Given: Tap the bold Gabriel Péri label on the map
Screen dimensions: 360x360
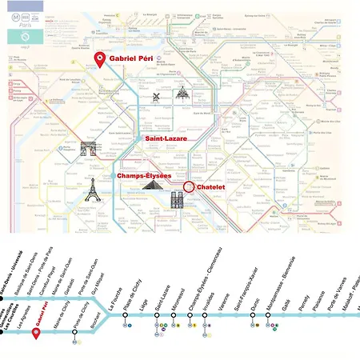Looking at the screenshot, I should [133, 59].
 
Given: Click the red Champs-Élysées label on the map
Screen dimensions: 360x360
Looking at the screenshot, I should [145, 175].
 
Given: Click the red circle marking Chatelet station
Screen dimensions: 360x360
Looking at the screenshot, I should [189, 186].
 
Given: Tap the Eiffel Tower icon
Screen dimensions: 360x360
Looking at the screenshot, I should [94, 189].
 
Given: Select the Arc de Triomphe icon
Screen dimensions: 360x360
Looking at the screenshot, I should [88, 149].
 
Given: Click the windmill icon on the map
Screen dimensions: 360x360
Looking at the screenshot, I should [158, 97].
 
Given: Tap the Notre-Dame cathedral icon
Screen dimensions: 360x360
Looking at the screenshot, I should [177, 199].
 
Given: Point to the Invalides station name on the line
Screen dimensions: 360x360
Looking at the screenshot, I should [209, 296].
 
